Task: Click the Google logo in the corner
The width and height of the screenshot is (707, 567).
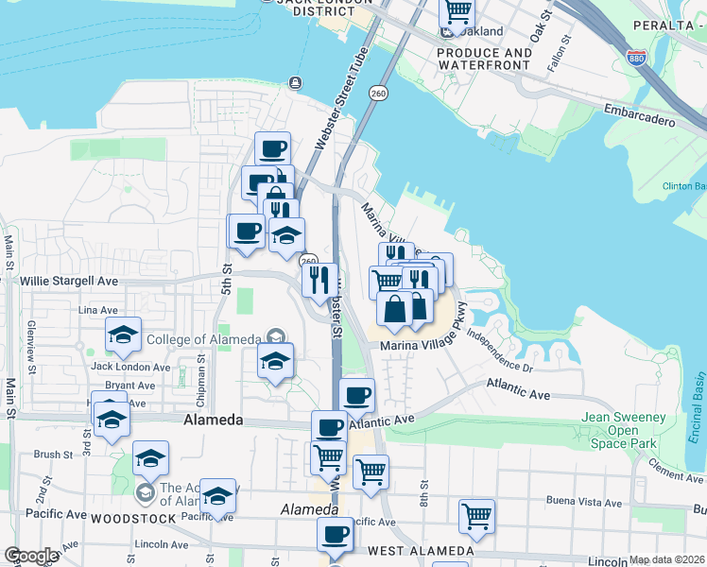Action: click(30, 556)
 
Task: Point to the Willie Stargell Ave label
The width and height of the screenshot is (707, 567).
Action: click(71, 281)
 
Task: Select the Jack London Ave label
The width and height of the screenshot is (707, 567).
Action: click(130, 367)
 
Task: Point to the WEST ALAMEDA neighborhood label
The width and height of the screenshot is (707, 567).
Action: click(420, 551)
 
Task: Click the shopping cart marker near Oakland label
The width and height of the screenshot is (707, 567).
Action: click(457, 11)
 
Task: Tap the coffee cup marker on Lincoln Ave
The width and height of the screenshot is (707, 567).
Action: click(334, 535)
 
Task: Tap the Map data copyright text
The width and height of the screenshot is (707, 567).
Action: click(667, 559)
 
